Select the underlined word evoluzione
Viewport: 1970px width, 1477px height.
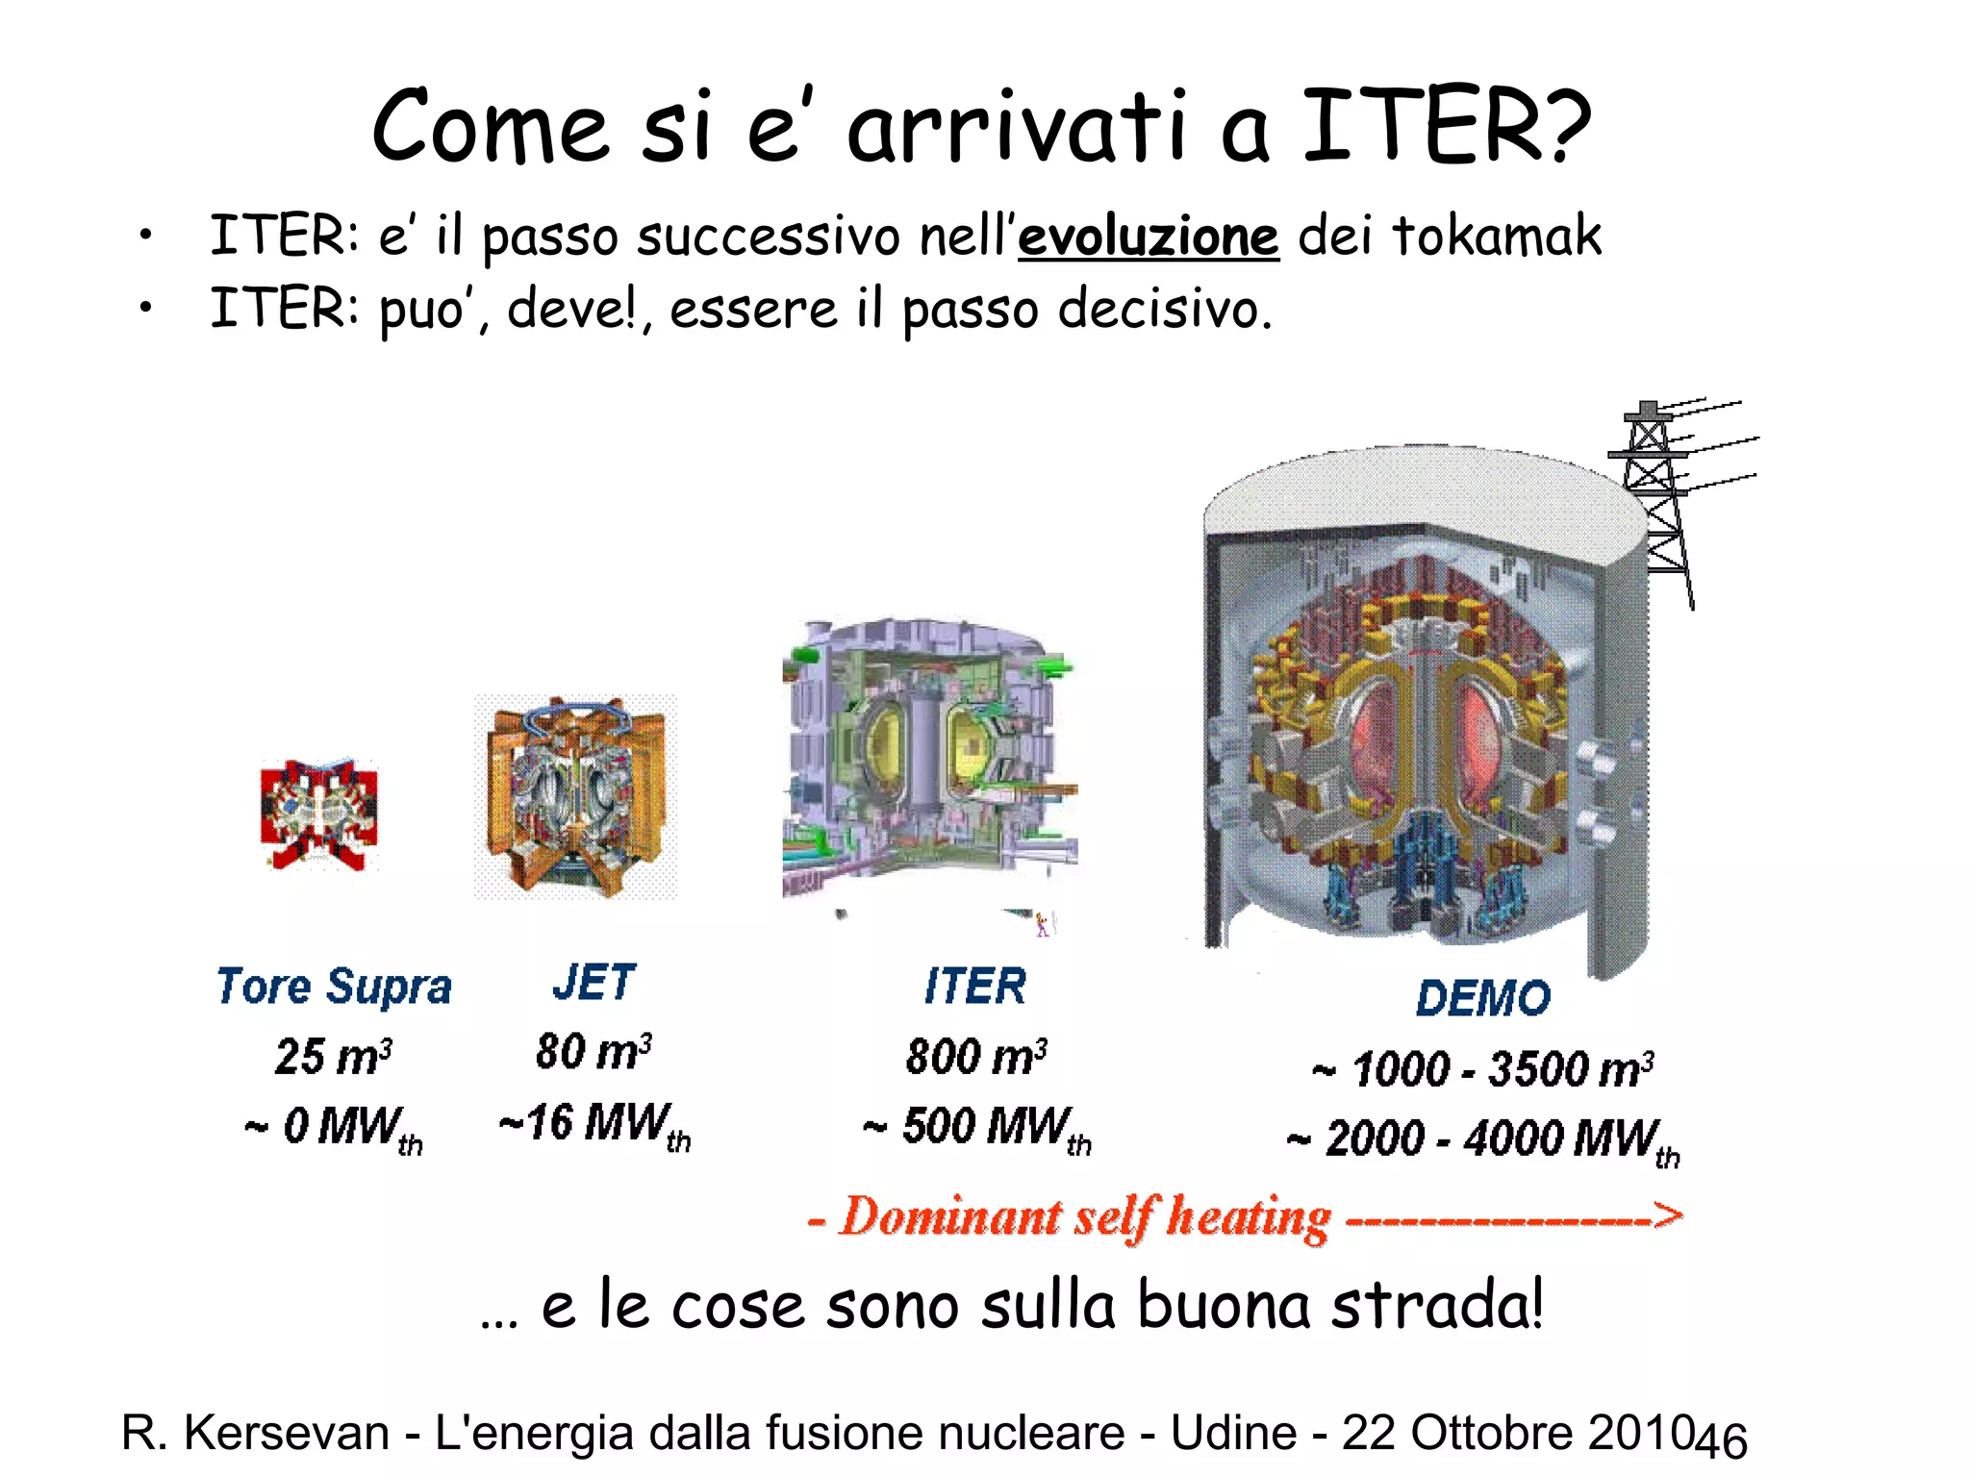click(1149, 238)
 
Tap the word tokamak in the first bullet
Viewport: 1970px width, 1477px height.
click(1497, 236)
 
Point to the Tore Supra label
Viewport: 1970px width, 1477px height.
click(334, 988)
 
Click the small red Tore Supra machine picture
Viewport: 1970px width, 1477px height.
click(319, 814)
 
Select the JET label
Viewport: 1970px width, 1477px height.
click(594, 983)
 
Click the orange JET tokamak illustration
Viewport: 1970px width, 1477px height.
click(575, 797)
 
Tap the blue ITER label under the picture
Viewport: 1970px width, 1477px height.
click(974, 987)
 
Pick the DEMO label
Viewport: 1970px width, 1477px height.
click(1482, 998)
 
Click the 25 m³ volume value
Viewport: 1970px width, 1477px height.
click(333, 1056)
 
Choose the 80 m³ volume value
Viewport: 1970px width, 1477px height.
click(594, 1051)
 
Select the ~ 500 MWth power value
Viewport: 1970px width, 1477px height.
click(976, 1127)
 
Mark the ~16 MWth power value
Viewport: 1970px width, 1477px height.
click(594, 1124)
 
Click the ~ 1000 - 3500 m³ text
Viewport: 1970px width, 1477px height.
click(1482, 1069)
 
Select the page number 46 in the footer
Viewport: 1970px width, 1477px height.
click(1720, 1439)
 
